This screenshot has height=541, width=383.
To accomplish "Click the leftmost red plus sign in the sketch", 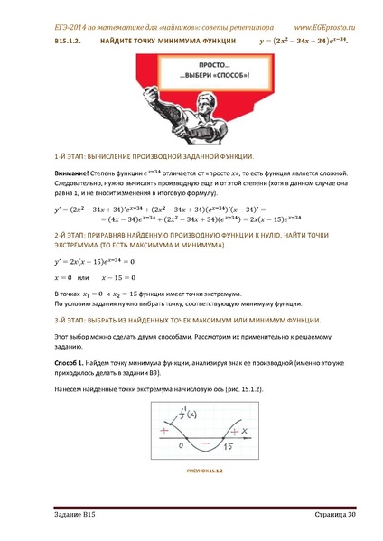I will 163,431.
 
